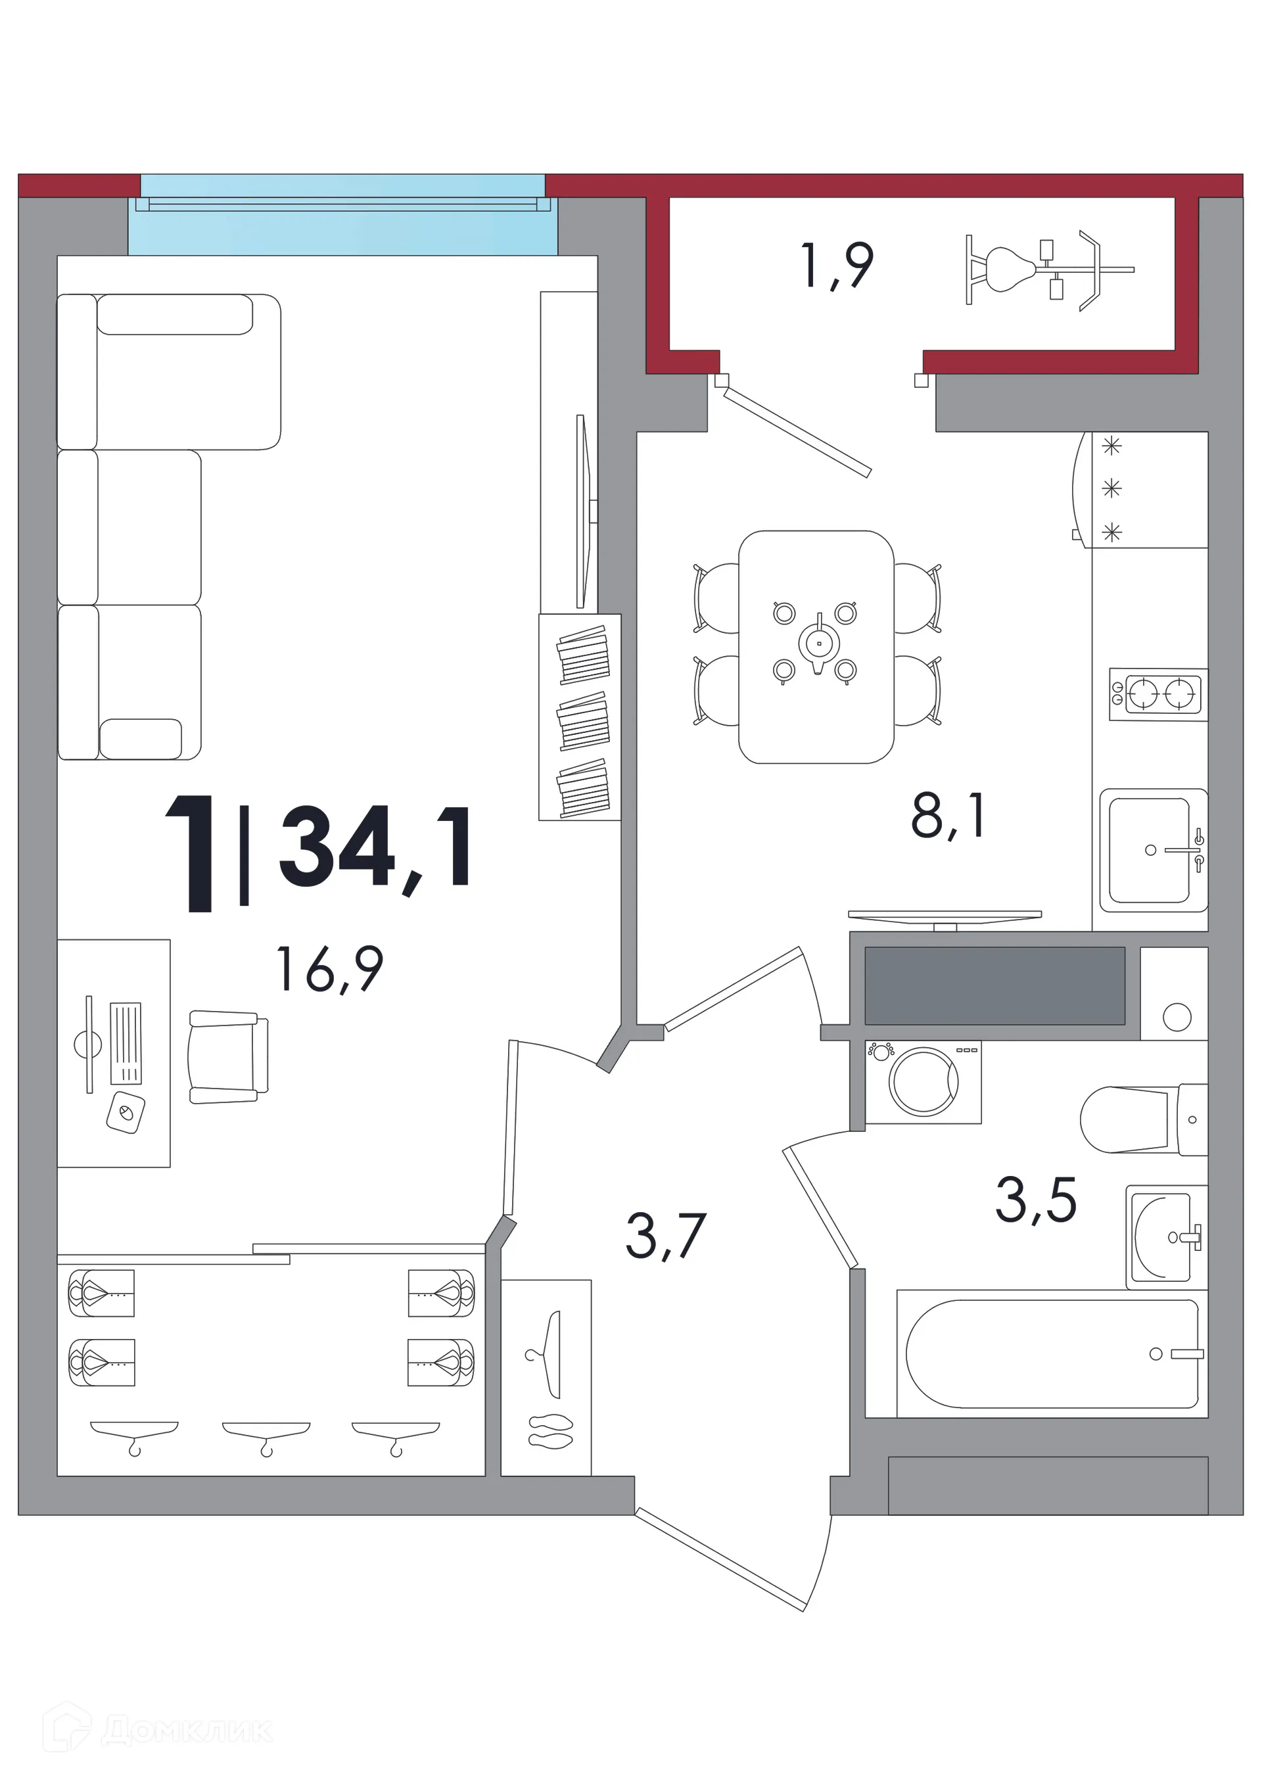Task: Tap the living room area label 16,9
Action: [331, 969]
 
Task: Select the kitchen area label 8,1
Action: [948, 818]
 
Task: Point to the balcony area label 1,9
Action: [838, 266]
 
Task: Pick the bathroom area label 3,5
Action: [1036, 1200]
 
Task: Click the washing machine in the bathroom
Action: [923, 1082]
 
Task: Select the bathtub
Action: [1052, 1354]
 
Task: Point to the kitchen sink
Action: [1154, 850]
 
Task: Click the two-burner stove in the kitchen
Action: [1157, 694]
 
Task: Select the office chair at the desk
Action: [228, 1057]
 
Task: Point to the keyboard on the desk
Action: [126, 1043]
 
